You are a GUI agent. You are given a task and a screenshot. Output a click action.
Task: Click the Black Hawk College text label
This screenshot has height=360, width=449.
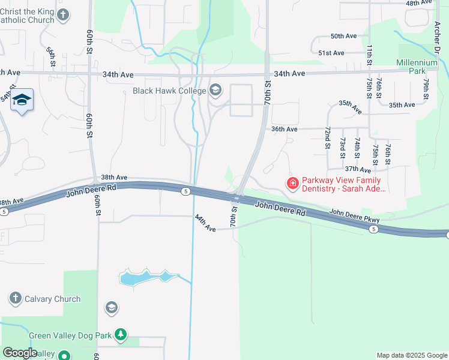pyautogui.click(x=169, y=91)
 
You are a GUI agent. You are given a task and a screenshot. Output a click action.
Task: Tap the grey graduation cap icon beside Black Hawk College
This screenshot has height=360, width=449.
pyautogui.click(x=215, y=91)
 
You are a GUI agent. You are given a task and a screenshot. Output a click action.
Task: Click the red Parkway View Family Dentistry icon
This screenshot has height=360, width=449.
pyautogui.click(x=293, y=183)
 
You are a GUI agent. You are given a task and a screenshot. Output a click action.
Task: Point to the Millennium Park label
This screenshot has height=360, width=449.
pyautogui.click(x=417, y=66)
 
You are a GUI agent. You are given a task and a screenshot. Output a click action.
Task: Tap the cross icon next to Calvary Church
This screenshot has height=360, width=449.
pyautogui.click(x=16, y=298)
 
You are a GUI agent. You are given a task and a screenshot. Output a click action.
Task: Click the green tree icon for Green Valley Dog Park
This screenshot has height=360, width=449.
pyautogui.click(x=121, y=334)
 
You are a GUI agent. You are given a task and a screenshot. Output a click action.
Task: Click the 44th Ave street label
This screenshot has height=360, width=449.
pyautogui.click(x=205, y=223)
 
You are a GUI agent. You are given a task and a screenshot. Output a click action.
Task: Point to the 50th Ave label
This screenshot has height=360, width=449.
pyautogui.click(x=344, y=36)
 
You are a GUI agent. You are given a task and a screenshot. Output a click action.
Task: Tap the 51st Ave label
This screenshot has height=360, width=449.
pyautogui.click(x=331, y=53)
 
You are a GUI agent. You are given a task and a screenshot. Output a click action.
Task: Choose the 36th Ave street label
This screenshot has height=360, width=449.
pyautogui.click(x=284, y=129)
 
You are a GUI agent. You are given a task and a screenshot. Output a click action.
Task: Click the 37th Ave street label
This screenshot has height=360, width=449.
pyautogui.click(x=358, y=170)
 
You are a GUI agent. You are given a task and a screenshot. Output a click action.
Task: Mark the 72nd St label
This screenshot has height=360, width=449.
pyautogui.click(x=328, y=137)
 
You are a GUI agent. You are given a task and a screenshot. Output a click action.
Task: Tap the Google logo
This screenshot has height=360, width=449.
pyautogui.click(x=20, y=353)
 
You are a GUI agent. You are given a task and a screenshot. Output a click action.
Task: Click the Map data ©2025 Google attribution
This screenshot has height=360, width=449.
pyautogui.click(x=411, y=355)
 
